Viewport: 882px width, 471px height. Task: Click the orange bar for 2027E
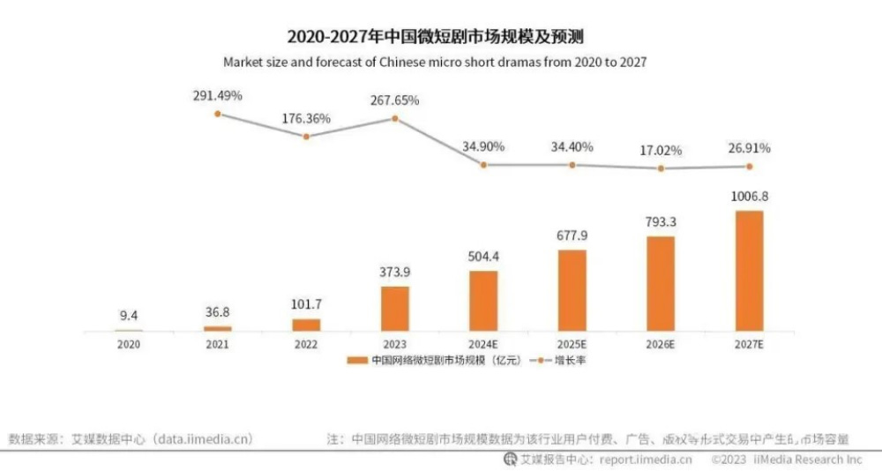(x=749, y=270)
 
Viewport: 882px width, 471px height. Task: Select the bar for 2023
(x=394, y=308)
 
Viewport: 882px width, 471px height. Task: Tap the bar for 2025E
(x=572, y=290)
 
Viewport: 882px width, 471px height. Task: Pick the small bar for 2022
(x=306, y=325)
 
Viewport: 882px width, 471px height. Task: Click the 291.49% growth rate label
(x=218, y=95)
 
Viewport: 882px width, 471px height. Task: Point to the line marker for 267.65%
(x=394, y=117)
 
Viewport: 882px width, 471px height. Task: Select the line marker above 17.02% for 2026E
(x=661, y=168)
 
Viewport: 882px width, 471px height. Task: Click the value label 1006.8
(x=749, y=197)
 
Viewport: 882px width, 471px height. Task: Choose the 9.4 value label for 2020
(x=129, y=312)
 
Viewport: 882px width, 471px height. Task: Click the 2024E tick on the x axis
(x=483, y=344)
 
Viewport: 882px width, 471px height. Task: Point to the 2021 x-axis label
(x=217, y=344)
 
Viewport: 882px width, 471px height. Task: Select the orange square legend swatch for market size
(x=356, y=361)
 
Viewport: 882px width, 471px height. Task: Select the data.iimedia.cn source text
(x=202, y=438)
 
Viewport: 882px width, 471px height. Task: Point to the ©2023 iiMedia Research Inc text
(x=786, y=460)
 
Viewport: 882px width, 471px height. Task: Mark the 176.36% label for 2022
(x=306, y=117)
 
